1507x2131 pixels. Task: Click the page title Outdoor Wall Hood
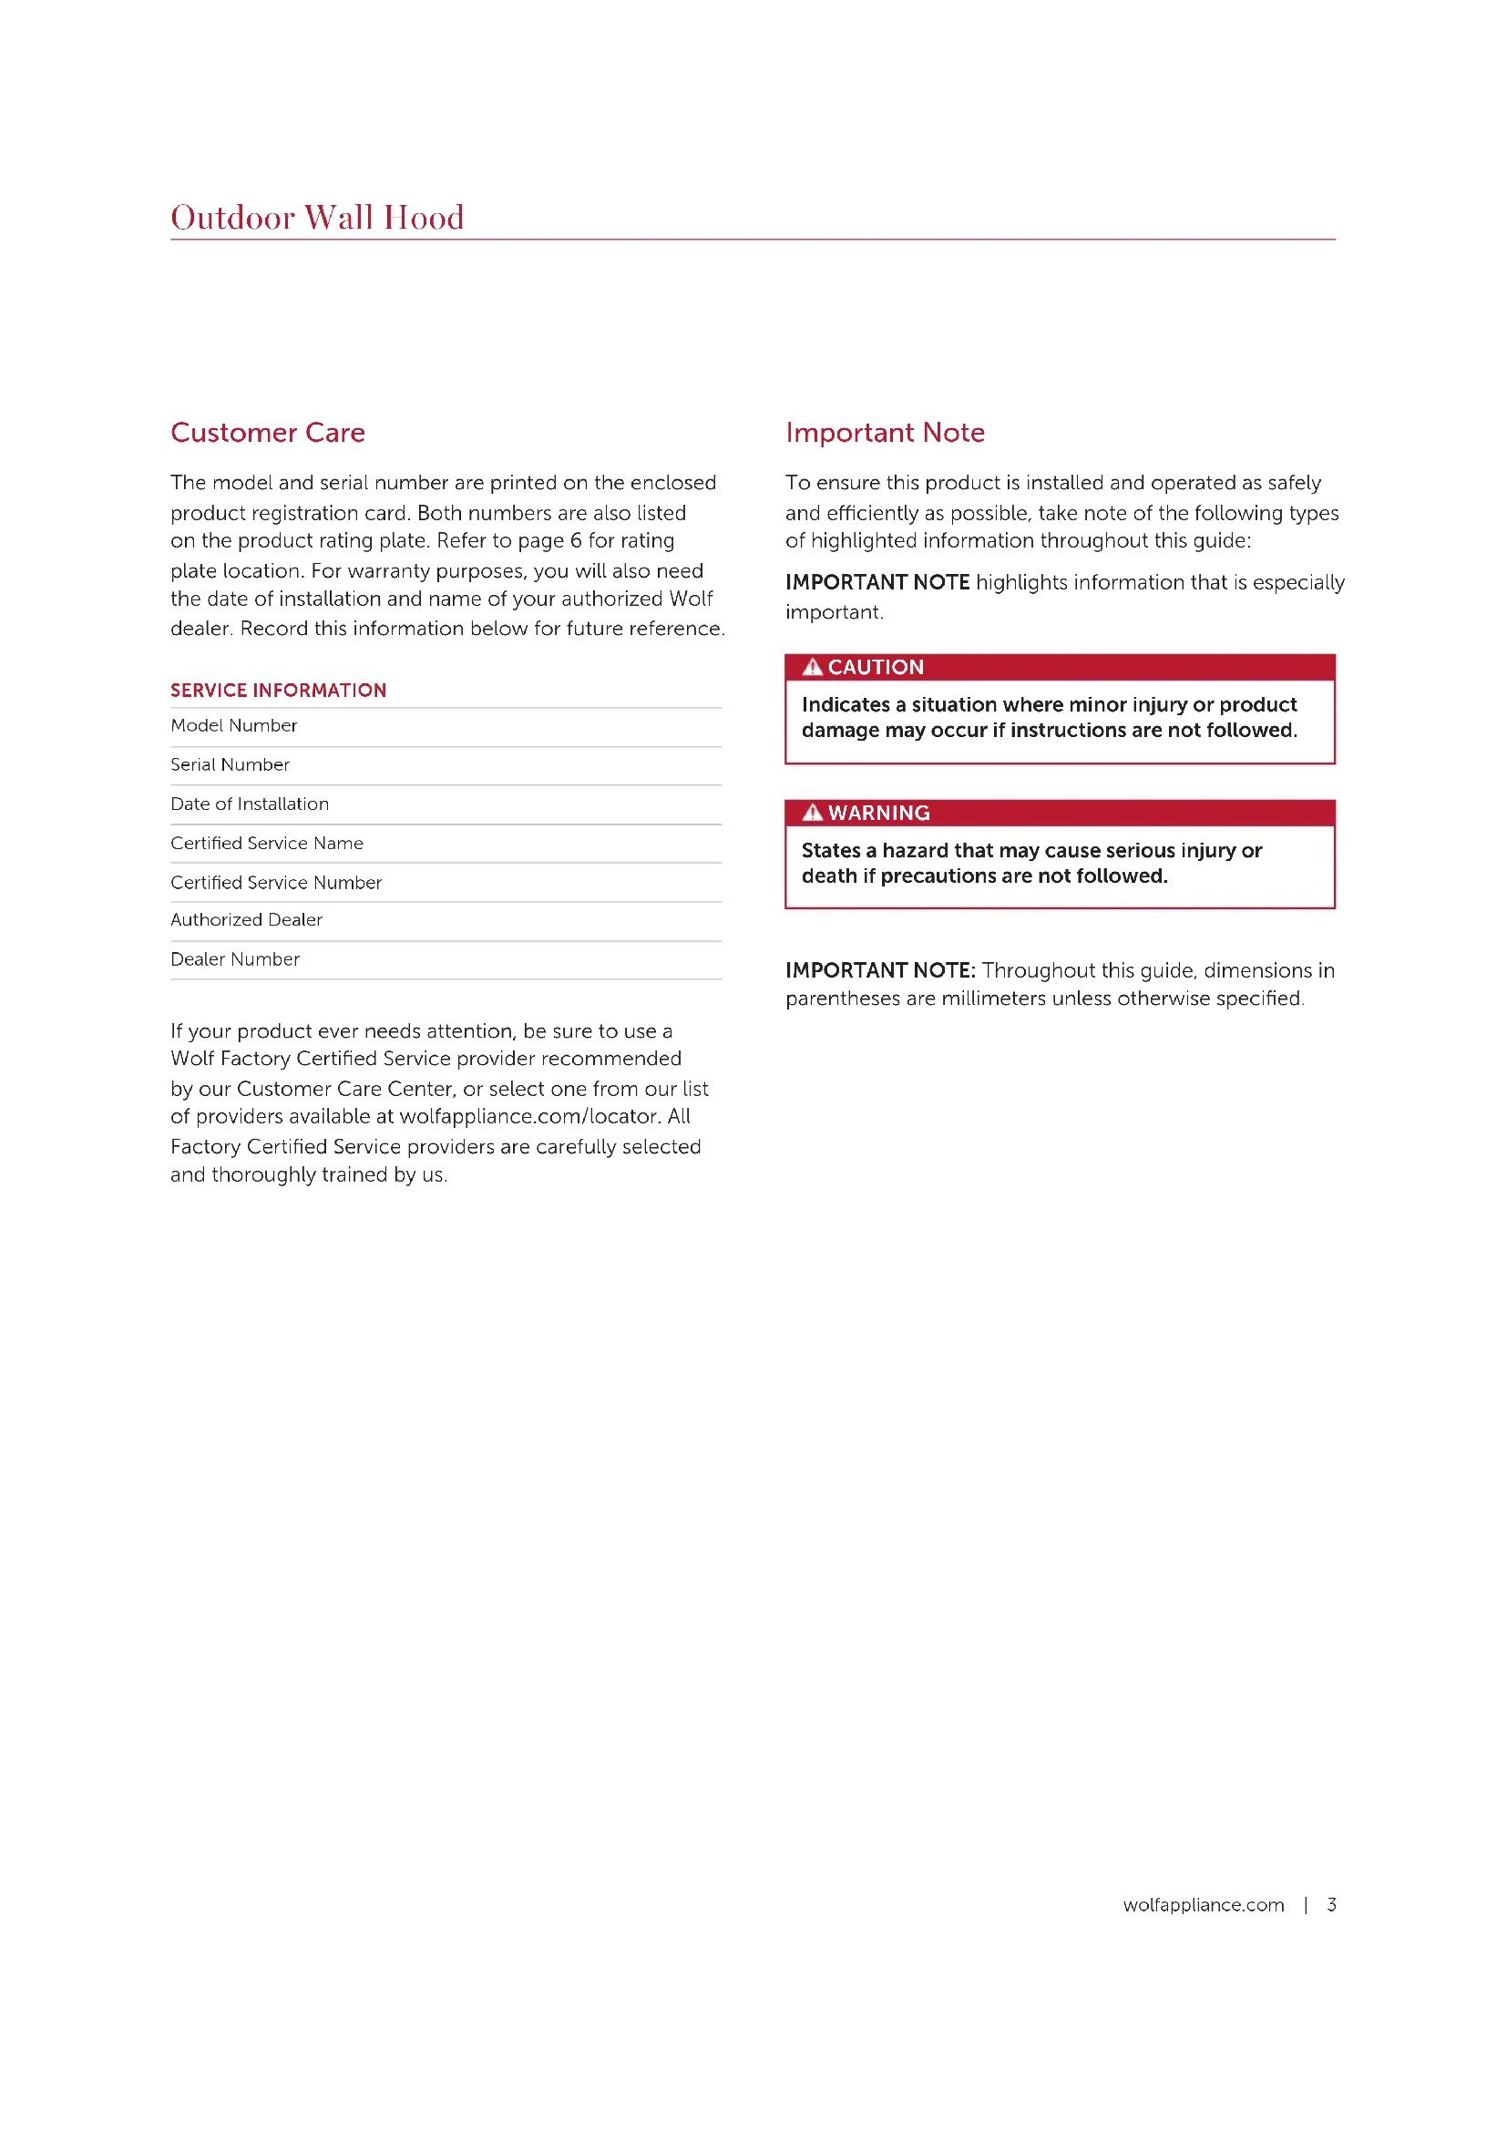pyautogui.click(x=316, y=217)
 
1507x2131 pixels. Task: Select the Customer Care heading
pyautogui.click(x=267, y=433)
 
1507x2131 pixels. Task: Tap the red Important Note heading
pyautogui.click(x=885, y=433)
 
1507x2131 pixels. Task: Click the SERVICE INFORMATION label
pyautogui.click(x=279, y=691)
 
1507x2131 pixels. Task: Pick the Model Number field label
pyautogui.click(x=234, y=726)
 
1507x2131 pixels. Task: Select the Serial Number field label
pyautogui.click(x=231, y=764)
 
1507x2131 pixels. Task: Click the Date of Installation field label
pyautogui.click(x=250, y=804)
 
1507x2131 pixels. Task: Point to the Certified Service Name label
pyautogui.click(x=267, y=843)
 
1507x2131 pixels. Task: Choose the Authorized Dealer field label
pyautogui.click(x=247, y=920)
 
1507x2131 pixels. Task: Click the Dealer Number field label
pyautogui.click(x=236, y=959)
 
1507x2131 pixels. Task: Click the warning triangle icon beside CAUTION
pyautogui.click(x=813, y=667)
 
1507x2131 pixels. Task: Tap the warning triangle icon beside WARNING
pyautogui.click(x=813, y=813)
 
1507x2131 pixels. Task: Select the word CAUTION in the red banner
pyautogui.click(x=876, y=667)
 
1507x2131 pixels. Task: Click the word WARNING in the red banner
pyautogui.click(x=878, y=813)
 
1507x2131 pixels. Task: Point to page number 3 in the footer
pyautogui.click(x=1332, y=1905)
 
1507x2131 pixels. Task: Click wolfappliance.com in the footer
pyautogui.click(x=1204, y=1905)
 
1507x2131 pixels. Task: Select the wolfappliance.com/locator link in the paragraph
pyautogui.click(x=528, y=1117)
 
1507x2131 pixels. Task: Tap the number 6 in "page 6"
pyautogui.click(x=575, y=541)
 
